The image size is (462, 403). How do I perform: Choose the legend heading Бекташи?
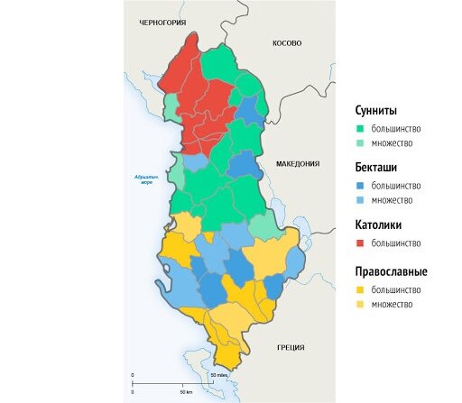point(375,168)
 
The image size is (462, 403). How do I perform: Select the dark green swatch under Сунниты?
point(358,128)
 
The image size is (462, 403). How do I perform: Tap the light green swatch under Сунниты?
point(358,142)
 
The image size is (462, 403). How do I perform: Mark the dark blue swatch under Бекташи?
point(358,186)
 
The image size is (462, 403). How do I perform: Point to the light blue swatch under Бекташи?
point(358,200)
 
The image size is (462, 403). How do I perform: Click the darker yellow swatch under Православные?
point(358,289)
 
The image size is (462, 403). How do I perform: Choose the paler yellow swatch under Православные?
point(358,304)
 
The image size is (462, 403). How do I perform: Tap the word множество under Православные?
point(393,304)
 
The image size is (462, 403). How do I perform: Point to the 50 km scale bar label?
point(187,392)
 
